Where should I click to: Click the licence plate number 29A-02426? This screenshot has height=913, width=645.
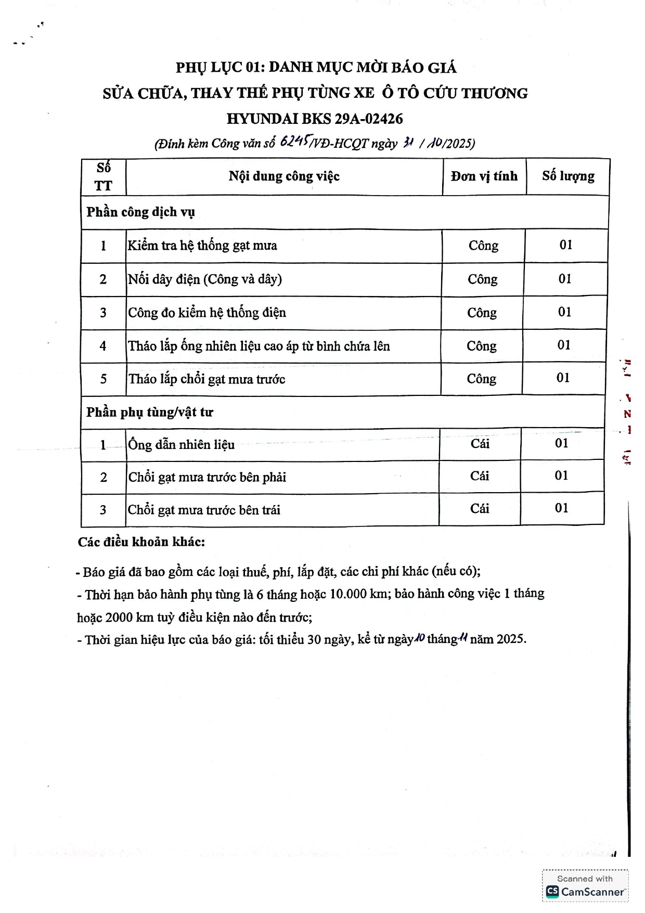(369, 119)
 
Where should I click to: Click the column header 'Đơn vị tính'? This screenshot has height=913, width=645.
(484, 176)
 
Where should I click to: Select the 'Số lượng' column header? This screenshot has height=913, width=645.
(568, 176)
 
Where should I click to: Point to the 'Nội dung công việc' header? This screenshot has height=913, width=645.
(284, 176)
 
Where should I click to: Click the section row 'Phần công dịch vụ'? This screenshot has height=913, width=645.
(140, 212)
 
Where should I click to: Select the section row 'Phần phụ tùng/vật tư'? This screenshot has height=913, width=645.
(150, 413)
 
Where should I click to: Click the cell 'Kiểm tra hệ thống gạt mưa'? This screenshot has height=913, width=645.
(202, 246)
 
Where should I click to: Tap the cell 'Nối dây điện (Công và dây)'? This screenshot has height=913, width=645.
(205, 279)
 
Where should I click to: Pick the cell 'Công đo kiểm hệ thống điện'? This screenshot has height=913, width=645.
(207, 313)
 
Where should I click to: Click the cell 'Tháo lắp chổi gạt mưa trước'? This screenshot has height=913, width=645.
(207, 379)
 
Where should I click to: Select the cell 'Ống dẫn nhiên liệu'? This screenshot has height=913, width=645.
(182, 445)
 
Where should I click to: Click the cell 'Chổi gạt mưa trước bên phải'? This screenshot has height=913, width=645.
(207, 477)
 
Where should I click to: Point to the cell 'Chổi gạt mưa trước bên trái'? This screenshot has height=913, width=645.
(204, 510)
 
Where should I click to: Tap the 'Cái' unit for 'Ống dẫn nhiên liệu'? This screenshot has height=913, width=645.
(480, 444)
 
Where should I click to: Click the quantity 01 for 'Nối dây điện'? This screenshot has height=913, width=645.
(565, 279)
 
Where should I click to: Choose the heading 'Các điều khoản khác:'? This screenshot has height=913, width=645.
(141, 542)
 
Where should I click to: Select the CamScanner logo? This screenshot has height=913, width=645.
(585, 892)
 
